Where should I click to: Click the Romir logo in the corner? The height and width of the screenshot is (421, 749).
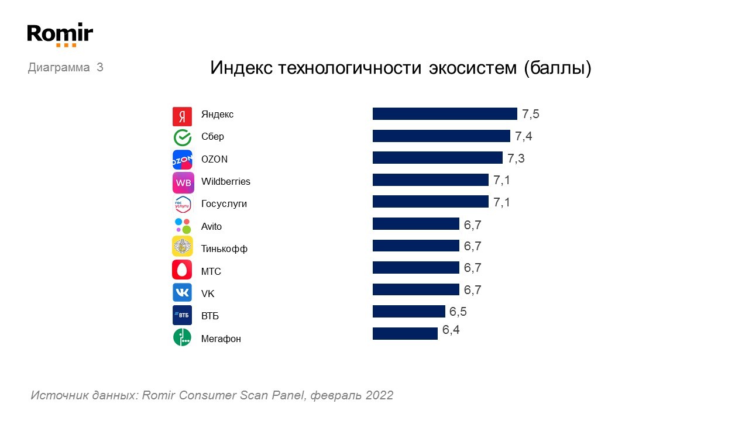click(60, 34)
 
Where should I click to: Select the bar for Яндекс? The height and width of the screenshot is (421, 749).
click(445, 114)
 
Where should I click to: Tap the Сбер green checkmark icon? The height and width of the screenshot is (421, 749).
click(182, 137)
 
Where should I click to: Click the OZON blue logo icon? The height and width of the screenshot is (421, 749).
click(182, 160)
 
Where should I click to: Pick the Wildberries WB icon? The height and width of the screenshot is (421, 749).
click(183, 182)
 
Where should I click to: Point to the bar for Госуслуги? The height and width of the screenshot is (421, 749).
click(430, 202)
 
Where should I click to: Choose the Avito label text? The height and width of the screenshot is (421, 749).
click(211, 226)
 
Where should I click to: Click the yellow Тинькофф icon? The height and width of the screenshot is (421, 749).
click(182, 247)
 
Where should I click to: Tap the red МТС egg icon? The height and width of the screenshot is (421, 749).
click(182, 270)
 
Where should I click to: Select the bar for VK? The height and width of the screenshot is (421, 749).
click(415, 289)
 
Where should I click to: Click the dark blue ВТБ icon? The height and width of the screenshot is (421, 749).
click(182, 315)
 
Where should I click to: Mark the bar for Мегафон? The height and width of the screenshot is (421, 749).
click(405, 333)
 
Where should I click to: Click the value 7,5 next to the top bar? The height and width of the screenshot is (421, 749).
click(530, 114)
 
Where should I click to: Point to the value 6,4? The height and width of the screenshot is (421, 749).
click(451, 330)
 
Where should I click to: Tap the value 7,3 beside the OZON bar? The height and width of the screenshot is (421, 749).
click(516, 158)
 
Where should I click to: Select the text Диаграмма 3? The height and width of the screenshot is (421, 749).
click(66, 67)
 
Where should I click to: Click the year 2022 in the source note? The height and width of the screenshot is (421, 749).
click(379, 395)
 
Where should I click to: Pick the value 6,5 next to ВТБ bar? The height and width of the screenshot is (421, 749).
click(458, 312)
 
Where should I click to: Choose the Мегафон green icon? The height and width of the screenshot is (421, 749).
click(182, 337)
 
